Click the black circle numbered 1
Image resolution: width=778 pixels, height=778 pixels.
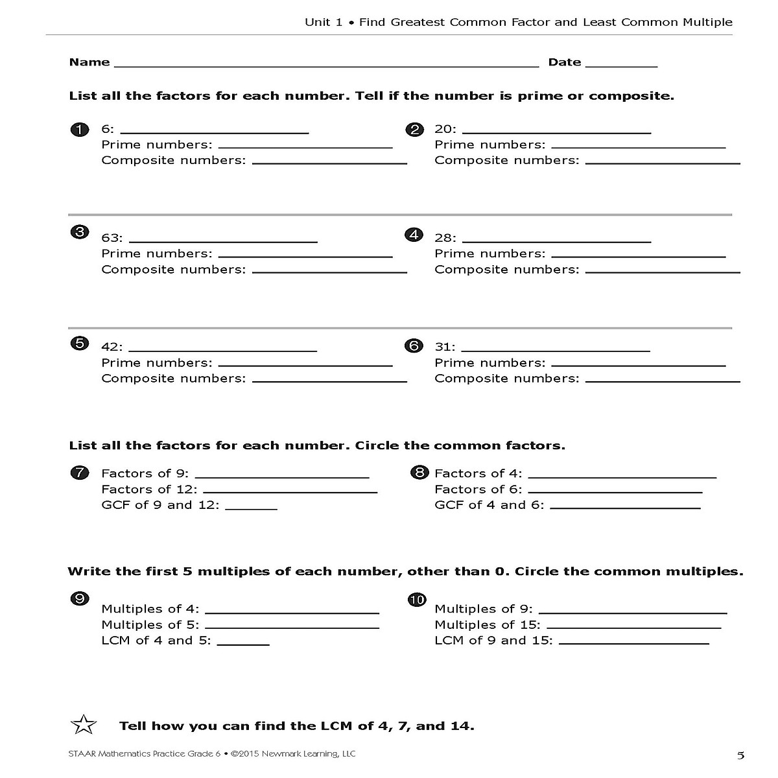coord(78,130)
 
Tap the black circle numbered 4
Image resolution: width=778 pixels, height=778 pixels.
coord(413,235)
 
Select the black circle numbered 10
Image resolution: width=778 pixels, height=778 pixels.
coord(416,600)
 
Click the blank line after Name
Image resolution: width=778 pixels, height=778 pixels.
coord(326,65)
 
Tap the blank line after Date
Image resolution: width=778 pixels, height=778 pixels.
coord(621,65)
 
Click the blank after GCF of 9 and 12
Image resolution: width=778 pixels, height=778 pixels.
coord(251,509)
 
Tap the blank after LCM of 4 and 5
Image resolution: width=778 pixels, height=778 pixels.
coord(243,644)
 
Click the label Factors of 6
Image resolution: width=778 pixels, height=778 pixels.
coord(477,489)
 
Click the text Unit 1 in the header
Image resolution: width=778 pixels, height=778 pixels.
coord(323,22)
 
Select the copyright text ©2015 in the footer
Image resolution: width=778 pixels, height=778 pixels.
coord(246,754)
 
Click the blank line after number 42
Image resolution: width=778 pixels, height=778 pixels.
coord(223,351)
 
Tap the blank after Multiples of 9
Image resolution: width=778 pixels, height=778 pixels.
coord(633,613)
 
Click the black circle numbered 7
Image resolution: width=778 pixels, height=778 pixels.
coord(78,473)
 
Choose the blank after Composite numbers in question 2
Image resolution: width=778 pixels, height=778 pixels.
coord(663,163)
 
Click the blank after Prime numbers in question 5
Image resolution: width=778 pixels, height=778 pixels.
coord(305,366)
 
